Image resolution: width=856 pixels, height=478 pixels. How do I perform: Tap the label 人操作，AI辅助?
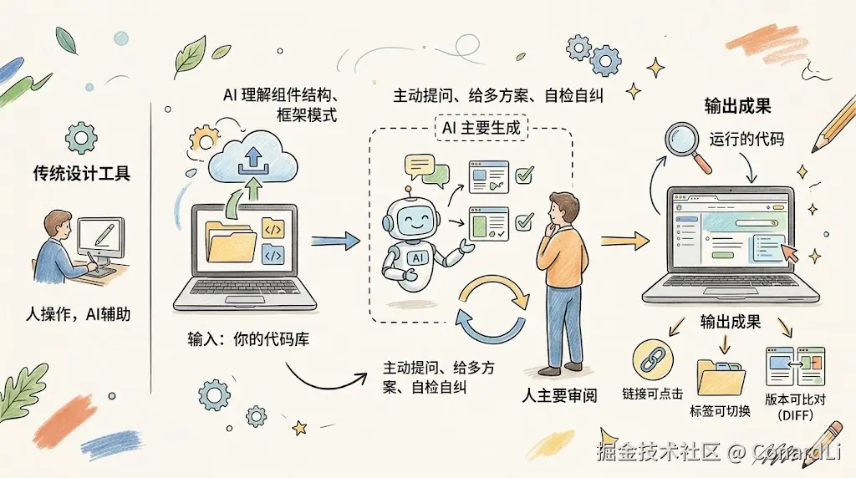78,315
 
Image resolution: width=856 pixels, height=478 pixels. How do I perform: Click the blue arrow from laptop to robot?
334,241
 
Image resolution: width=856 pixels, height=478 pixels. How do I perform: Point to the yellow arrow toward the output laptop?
625,241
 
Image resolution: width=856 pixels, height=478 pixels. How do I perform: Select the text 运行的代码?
746,140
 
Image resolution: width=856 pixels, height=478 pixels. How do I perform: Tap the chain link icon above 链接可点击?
653,359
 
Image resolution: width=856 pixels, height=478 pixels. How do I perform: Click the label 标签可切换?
720,410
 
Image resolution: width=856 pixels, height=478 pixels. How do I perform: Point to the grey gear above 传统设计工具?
81,135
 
